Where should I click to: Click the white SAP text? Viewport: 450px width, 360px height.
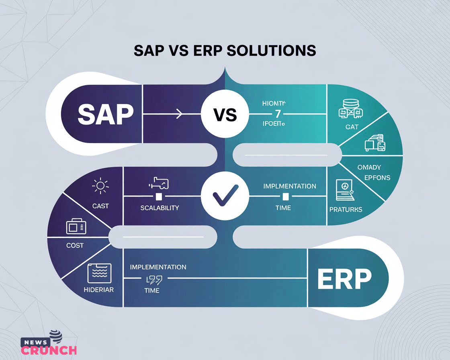click(x=105, y=115)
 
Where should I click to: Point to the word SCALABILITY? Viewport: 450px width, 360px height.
click(x=160, y=208)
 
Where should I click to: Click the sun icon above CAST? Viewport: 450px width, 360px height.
click(x=100, y=186)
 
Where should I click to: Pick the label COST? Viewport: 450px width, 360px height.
click(x=75, y=245)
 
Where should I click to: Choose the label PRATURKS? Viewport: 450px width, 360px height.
click(x=346, y=209)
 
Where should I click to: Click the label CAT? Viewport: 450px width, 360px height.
click(x=352, y=127)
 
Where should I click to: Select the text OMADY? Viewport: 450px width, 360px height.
click(x=369, y=167)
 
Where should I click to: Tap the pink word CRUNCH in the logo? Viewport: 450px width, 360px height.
click(x=49, y=350)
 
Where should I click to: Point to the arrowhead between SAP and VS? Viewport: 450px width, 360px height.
click(x=179, y=115)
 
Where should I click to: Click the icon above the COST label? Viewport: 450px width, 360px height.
click(x=76, y=227)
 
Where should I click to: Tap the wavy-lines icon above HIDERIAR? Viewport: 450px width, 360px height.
click(x=99, y=273)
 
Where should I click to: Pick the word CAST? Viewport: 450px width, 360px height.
click(x=100, y=206)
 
